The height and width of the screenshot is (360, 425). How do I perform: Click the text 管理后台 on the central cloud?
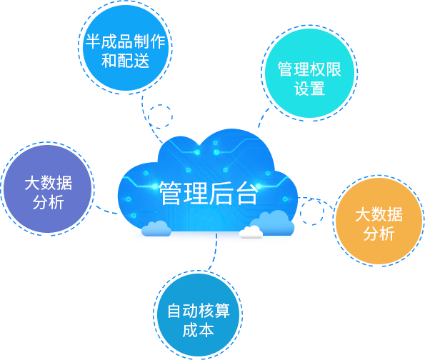point(208,193)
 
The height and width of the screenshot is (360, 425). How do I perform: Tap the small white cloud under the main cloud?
point(251,232)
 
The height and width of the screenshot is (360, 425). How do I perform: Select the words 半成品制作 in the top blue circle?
point(125,41)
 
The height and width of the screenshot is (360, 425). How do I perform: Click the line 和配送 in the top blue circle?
point(125,60)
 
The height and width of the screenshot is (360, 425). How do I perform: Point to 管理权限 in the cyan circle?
point(309,69)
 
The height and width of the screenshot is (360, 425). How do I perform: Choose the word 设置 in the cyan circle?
point(309,88)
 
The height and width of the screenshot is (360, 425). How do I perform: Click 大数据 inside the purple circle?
point(49,183)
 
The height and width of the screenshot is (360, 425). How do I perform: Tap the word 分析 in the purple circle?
point(49,202)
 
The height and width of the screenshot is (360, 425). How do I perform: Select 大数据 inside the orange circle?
point(379,214)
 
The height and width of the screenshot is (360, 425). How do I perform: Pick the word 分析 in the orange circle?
point(379,234)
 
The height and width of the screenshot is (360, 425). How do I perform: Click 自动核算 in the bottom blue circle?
point(199,311)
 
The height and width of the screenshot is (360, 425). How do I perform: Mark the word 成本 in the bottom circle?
point(199,330)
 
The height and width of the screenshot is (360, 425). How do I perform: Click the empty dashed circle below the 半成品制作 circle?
point(160,105)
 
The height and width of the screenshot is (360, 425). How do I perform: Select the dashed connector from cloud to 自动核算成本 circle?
point(216,252)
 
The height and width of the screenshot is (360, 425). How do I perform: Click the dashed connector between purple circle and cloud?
point(106,211)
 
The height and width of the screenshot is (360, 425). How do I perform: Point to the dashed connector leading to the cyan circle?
point(262,117)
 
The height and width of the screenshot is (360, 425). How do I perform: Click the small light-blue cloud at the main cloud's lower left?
point(156,229)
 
